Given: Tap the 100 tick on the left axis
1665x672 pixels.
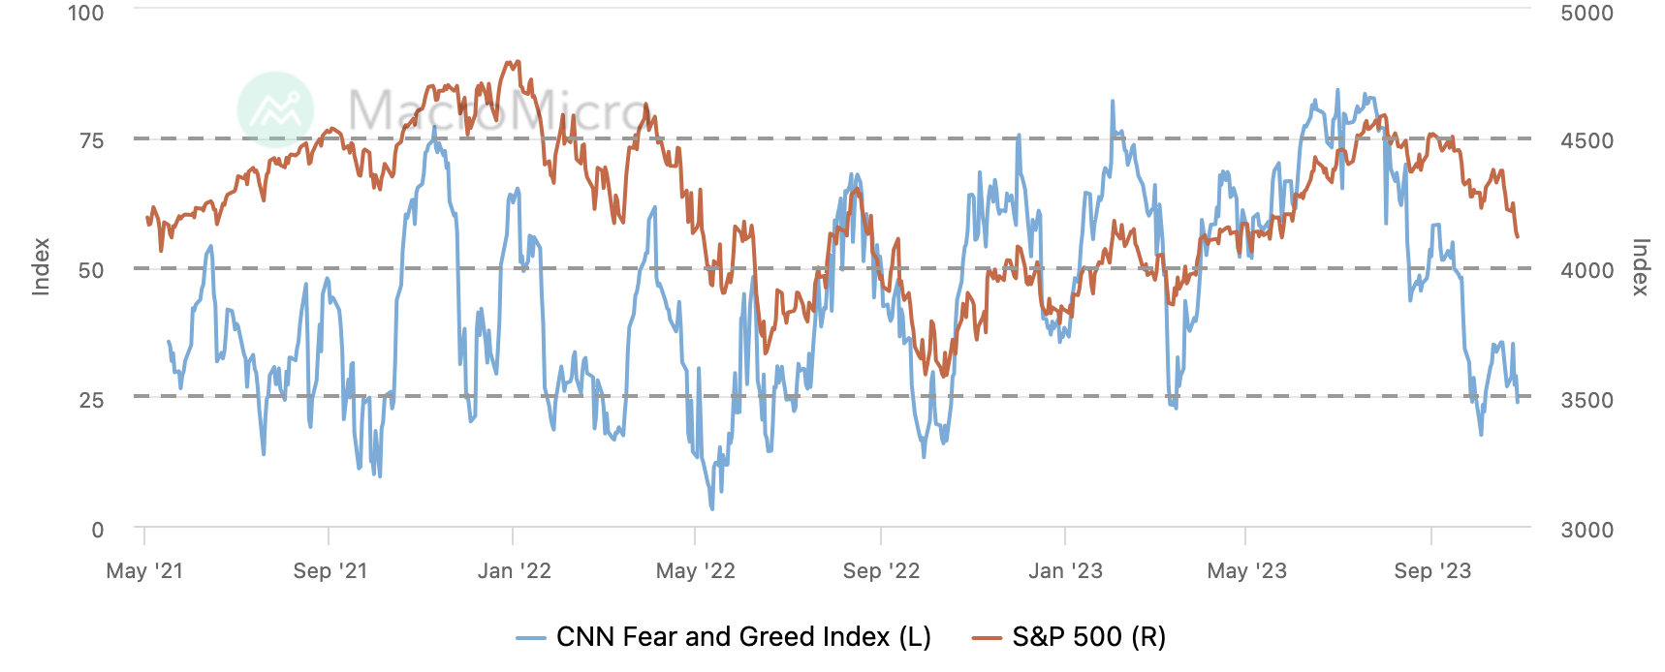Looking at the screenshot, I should tap(86, 14).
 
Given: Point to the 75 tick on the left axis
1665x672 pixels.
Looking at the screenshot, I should tap(91, 141).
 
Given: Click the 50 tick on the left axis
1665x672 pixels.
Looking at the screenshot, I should tap(91, 270).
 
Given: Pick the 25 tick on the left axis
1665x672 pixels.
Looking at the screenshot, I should tap(91, 400).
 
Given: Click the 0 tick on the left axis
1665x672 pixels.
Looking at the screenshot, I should tap(97, 530).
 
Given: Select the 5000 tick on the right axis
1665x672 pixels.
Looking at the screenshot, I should tap(1586, 14).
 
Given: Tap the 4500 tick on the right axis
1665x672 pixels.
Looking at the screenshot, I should tap(1586, 141).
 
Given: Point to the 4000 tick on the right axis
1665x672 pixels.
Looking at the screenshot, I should tap(1586, 270).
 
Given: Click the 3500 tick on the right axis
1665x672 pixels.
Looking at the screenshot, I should tap(1586, 400).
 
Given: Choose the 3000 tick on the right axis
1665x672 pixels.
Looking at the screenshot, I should tap(1586, 530).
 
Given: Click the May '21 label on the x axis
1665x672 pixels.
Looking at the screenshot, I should tap(144, 571).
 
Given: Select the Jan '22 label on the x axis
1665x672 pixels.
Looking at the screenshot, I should tap(514, 571).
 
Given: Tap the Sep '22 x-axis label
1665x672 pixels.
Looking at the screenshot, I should tap(881, 571).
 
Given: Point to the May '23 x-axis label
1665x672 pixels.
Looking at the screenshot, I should tap(1246, 571).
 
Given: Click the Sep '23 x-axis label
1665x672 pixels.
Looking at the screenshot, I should tap(1432, 571).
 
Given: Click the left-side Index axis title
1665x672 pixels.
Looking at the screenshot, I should tap(41, 266).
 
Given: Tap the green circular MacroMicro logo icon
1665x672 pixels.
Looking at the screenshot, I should tap(276, 109).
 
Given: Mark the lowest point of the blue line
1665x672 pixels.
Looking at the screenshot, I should tap(711, 508).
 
